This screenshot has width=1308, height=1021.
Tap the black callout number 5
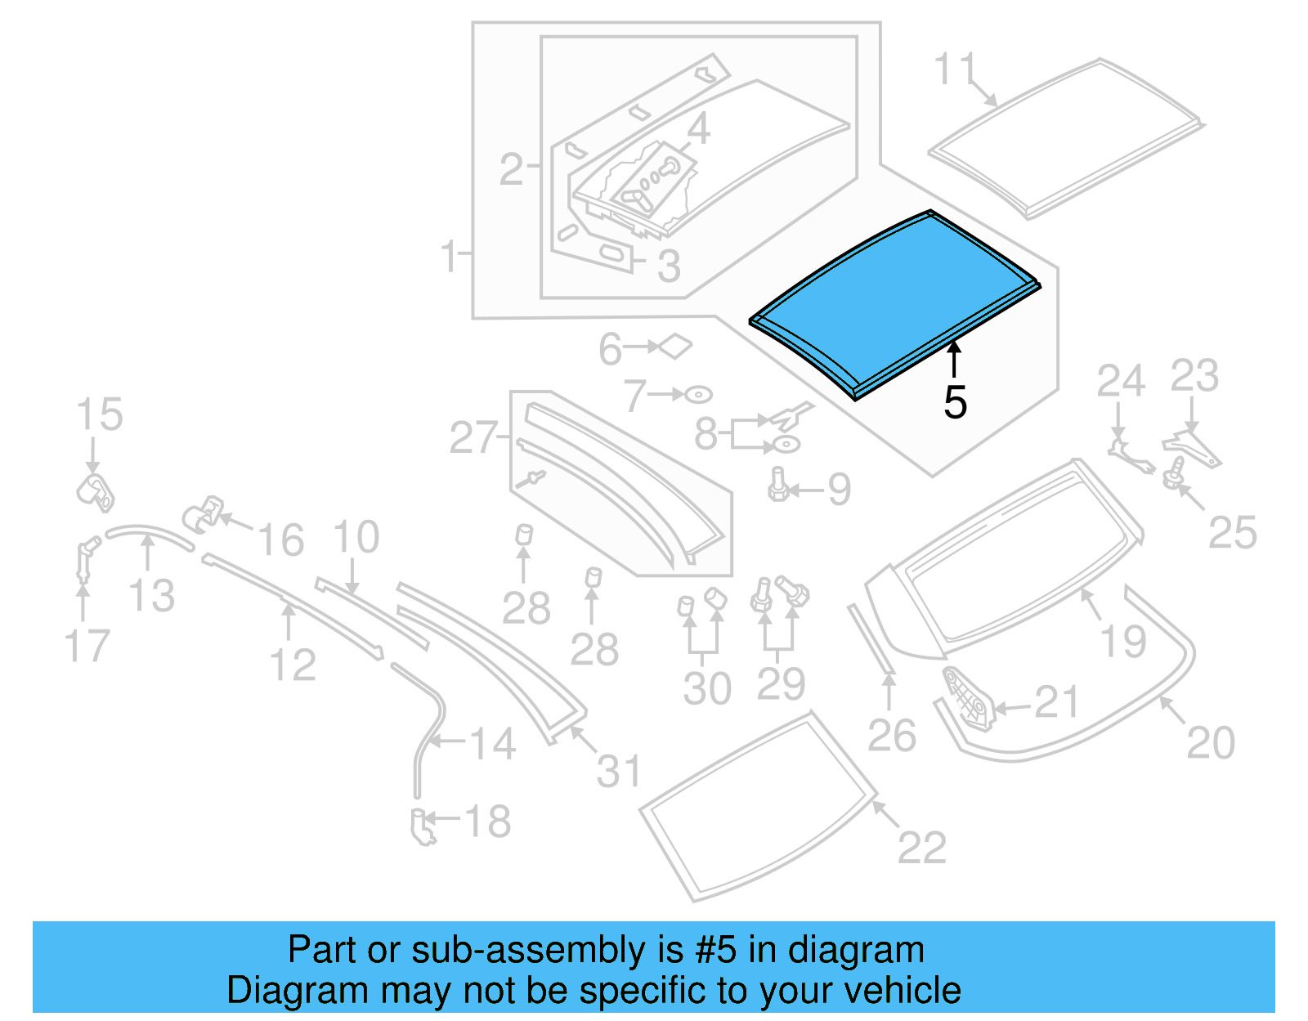pos(955,402)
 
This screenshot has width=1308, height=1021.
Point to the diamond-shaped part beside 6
pos(675,347)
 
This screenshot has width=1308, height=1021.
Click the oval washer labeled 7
pos(698,395)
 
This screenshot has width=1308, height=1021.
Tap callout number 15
pos(100,414)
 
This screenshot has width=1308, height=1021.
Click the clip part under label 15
pos(96,491)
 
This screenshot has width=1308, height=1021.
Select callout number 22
pos(921,847)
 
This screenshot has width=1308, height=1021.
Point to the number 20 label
pos(1210,743)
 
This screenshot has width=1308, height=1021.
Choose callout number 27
pos(473,438)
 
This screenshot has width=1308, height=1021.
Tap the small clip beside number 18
pos(423,826)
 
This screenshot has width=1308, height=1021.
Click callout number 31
pos(619,772)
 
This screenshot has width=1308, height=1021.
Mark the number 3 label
pos(669,266)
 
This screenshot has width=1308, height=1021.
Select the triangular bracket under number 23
pos(1192,448)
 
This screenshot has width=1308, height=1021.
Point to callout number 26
pos(891,736)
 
